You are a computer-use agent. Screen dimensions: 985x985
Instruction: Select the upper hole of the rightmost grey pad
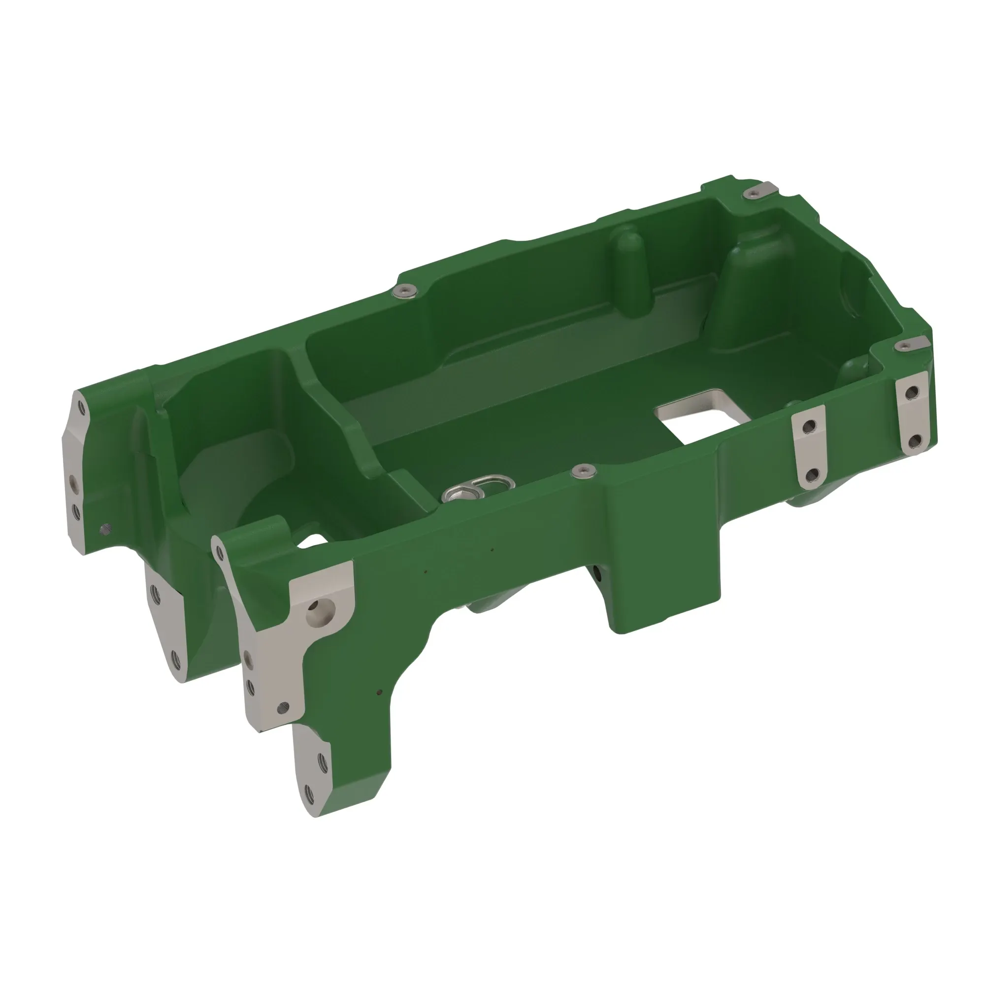coord(913,392)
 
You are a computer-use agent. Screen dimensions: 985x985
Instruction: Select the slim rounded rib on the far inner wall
coord(632,275)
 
